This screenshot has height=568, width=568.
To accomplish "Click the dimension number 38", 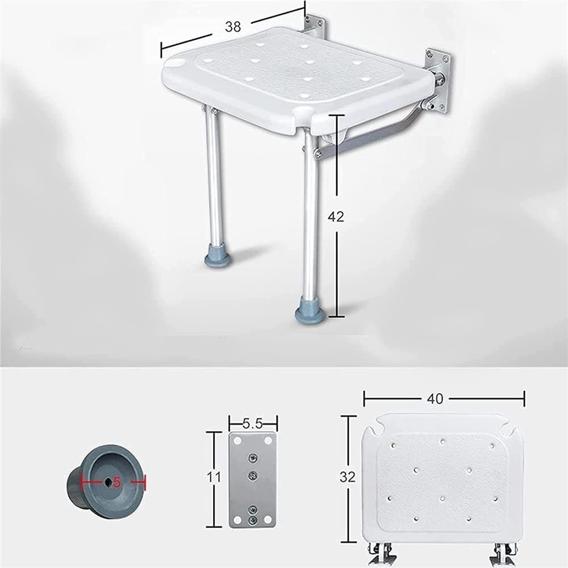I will click(x=233, y=26).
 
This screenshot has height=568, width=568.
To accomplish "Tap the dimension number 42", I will click(x=336, y=216).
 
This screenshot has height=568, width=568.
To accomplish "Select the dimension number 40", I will click(x=436, y=399).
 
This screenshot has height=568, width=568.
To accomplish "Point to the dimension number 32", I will click(x=347, y=477).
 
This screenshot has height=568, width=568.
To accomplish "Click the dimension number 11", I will click(x=214, y=477).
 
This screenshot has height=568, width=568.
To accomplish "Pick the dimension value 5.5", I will click(x=252, y=423).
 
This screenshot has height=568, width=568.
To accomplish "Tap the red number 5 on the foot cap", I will click(x=117, y=482).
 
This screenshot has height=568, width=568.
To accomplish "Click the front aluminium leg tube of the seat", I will click(x=310, y=216).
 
